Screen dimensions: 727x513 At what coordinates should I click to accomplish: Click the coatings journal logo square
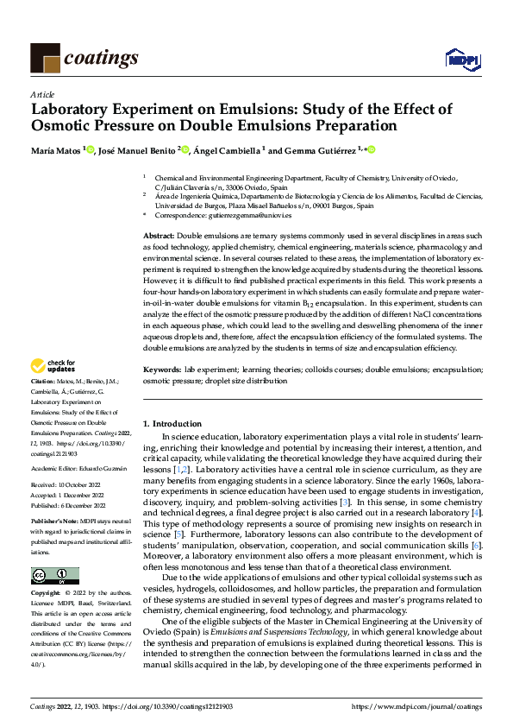coord(45,58)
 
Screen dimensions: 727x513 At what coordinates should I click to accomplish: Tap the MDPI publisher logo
coord(459,59)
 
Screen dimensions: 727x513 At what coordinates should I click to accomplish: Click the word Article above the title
coord(42,94)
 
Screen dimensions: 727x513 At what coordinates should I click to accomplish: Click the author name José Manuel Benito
coord(138,150)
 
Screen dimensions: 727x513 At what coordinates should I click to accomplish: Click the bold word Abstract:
coord(159,236)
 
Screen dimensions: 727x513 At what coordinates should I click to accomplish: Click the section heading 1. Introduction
coord(172,424)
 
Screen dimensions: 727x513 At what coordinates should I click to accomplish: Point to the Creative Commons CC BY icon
coord(54,576)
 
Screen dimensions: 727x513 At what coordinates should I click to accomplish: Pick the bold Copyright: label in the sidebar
coord(46,595)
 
